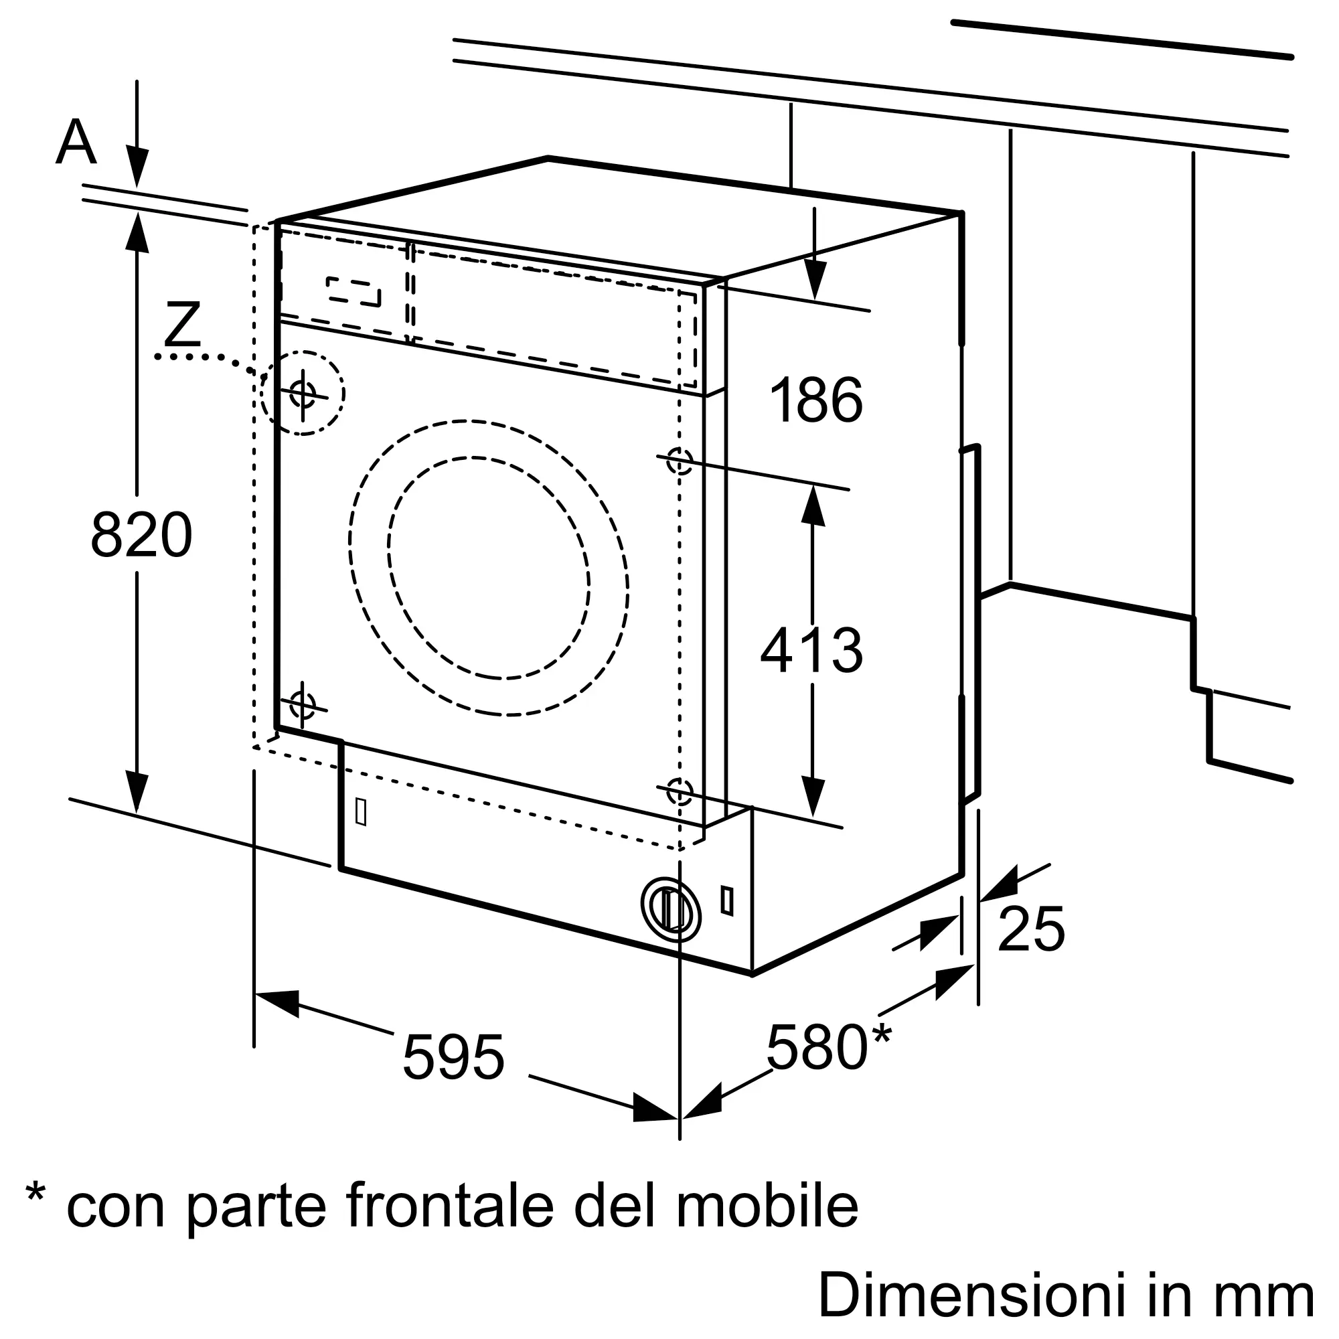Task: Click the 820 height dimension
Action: click(x=141, y=534)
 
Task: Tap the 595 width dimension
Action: click(x=453, y=1058)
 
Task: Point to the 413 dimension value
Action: click(x=811, y=650)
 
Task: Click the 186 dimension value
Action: click(x=816, y=400)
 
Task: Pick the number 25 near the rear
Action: click(x=1030, y=929)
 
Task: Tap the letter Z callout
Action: click(x=183, y=324)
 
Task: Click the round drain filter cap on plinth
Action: click(x=671, y=910)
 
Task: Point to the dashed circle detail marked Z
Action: click(x=303, y=393)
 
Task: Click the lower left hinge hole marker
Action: click(x=302, y=706)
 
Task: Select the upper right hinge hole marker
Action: click(x=679, y=460)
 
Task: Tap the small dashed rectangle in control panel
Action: click(x=353, y=292)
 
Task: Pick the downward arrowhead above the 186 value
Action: click(x=814, y=281)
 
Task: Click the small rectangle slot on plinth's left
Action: click(x=360, y=811)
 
